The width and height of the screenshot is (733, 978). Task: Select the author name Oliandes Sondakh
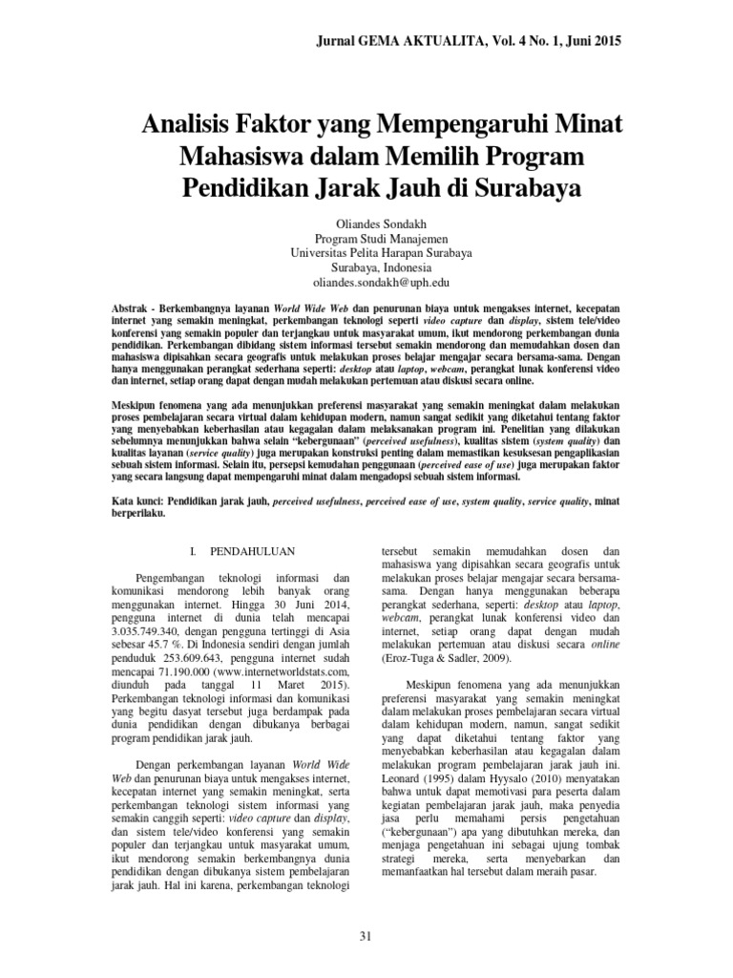[366, 222]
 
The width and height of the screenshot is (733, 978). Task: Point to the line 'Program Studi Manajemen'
[366, 238]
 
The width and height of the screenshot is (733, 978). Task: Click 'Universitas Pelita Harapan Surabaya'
[366, 253]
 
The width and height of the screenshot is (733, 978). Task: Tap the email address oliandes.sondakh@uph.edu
[366, 284]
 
